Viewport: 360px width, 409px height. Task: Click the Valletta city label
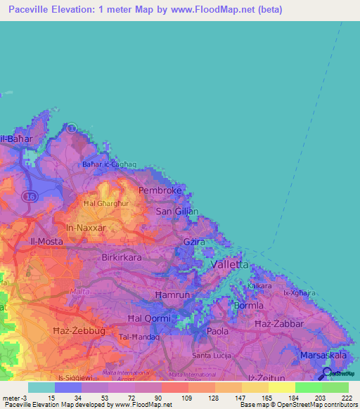click(229, 265)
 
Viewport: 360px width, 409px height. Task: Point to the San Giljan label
click(176, 211)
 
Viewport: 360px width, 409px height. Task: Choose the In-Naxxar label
click(85, 228)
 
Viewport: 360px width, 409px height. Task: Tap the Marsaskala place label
click(323, 356)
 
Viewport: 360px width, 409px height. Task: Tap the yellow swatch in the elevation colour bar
click(281, 387)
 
